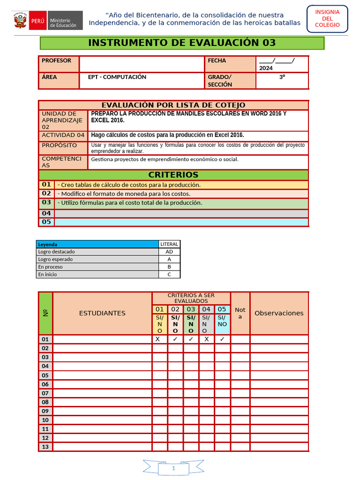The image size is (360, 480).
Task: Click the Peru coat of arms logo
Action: [x=20, y=21]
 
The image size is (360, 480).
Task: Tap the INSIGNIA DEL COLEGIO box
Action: [x=327, y=18]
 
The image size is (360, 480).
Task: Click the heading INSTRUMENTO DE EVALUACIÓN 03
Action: [x=182, y=43]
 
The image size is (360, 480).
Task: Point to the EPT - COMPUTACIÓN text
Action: [x=117, y=77]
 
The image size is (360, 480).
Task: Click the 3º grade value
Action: [x=282, y=77]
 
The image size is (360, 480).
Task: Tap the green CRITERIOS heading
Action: [x=173, y=175]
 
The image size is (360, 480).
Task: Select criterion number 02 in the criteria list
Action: [x=46, y=193]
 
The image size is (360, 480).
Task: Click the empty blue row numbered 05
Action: [x=181, y=222]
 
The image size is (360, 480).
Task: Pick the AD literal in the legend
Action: [x=169, y=252]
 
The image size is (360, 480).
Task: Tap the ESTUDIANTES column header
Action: [x=102, y=313]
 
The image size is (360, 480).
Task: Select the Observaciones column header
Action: [x=279, y=313]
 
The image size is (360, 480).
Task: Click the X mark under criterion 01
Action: [x=160, y=339]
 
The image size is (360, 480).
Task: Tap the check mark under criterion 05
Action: [x=222, y=339]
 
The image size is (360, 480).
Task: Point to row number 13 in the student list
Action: [x=45, y=447]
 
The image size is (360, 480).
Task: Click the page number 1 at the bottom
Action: [x=173, y=468]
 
